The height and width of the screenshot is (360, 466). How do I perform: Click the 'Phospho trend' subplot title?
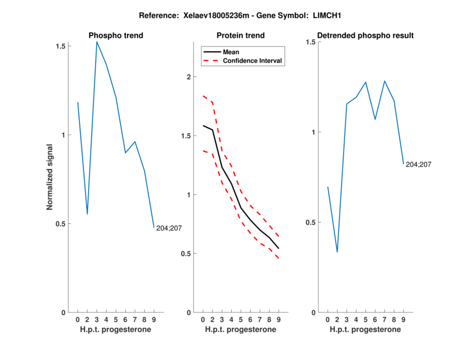point(116,36)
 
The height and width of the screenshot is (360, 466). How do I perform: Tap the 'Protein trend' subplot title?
point(241,36)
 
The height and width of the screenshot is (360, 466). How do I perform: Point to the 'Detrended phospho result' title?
point(365,36)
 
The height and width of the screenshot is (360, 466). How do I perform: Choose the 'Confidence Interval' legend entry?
point(252,61)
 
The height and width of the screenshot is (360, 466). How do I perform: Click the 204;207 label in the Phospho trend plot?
point(169,228)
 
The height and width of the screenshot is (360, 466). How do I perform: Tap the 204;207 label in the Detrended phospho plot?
point(418,164)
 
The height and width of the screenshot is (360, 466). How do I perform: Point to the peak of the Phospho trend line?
point(97,41)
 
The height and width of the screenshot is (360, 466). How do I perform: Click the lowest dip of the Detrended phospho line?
point(337,252)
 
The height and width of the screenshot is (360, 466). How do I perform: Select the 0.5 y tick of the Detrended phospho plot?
point(309,223)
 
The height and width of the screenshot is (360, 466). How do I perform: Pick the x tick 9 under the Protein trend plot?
point(279,319)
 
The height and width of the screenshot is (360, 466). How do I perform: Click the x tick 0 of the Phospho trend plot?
point(78,319)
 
